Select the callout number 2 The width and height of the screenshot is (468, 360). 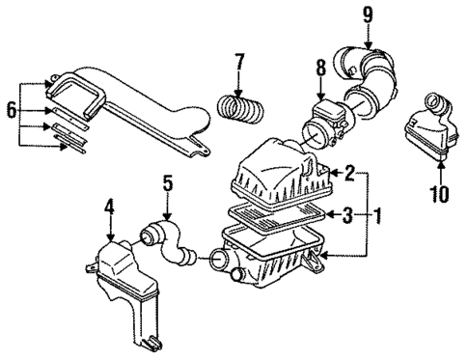coord(348,175)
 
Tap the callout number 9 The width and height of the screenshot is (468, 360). coord(367,14)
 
